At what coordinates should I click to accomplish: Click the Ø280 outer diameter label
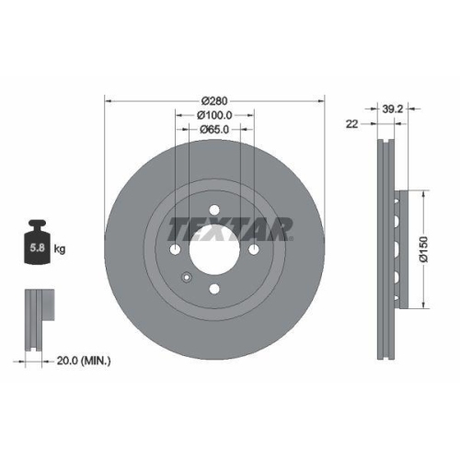click(x=214, y=99)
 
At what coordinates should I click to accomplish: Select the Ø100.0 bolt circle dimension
click(x=214, y=115)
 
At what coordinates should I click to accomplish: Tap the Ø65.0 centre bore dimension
click(x=214, y=131)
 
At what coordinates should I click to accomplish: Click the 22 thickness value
click(x=351, y=123)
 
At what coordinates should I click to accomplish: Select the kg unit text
click(x=60, y=249)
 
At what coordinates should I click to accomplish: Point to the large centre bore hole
click(x=214, y=248)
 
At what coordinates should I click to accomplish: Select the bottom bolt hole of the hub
click(x=214, y=290)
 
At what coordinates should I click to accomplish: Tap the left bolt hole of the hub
click(x=175, y=249)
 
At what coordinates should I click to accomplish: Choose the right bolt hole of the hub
click(x=255, y=249)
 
